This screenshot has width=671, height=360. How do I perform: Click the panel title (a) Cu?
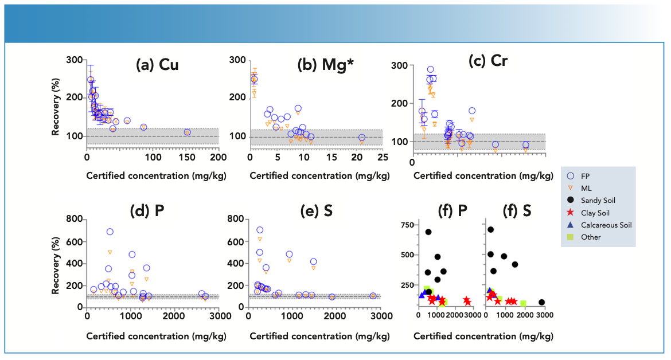(x=157, y=65)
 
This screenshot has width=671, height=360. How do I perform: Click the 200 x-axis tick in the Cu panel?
(x=219, y=157)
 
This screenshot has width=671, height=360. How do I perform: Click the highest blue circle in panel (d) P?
(x=110, y=232)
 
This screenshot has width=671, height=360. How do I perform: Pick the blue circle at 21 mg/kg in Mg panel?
(x=361, y=138)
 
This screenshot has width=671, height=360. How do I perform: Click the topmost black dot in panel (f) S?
(x=490, y=230)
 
